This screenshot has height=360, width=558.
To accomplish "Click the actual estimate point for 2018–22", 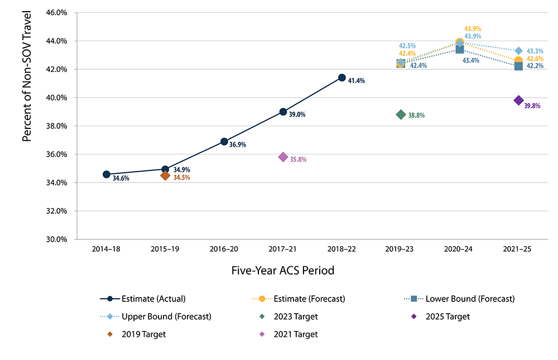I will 341,78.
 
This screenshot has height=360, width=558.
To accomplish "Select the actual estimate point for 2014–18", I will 106,174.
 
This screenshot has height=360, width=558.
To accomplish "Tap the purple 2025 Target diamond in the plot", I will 518,100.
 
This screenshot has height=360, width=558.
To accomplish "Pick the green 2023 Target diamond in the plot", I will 401,114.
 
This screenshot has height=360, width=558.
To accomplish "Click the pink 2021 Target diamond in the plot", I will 283,157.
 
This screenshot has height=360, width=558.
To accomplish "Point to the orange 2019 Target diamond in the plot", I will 165,175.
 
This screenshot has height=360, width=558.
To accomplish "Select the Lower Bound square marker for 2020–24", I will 460,49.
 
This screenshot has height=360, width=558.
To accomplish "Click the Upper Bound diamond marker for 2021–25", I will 518,51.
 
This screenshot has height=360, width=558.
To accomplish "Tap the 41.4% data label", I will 356,81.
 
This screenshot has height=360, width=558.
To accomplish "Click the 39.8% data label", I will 533,105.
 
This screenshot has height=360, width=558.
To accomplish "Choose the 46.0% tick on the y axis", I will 56,13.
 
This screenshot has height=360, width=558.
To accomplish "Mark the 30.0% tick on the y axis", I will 56,239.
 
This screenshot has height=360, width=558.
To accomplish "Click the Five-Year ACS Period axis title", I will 282,271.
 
